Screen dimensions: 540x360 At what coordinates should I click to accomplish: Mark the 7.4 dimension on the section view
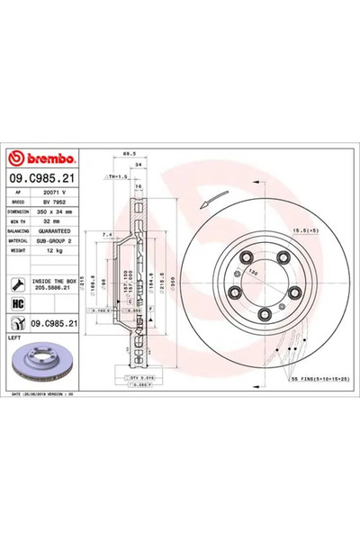point(107,235)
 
